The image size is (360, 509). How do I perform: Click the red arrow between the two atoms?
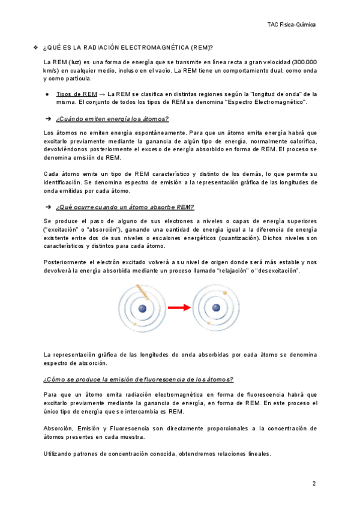[178, 308]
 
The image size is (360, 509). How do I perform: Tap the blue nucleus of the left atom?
[142, 309]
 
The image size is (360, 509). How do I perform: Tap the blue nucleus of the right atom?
[215, 309]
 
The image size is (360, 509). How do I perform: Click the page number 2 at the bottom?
[313, 484]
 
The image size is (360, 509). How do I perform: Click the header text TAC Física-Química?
[291, 25]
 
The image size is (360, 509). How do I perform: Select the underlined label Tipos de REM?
[76, 94]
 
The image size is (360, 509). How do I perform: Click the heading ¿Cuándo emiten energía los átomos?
[112, 118]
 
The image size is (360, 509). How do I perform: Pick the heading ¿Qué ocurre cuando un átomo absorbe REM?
[125, 207]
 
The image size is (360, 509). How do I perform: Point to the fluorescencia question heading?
[139, 379]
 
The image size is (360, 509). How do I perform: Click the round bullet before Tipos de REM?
[47, 95]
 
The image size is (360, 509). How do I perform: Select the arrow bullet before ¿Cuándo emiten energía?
[49, 119]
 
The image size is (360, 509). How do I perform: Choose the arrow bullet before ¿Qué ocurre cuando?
[49, 208]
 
